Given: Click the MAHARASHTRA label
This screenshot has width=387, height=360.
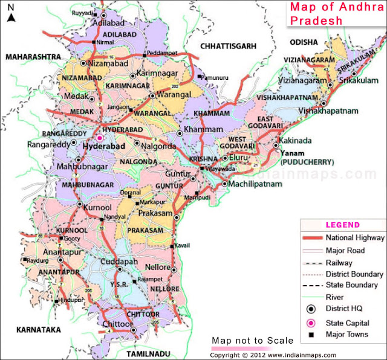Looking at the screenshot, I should coord(33,56).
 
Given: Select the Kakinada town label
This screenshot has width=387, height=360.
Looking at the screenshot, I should coord(296,140).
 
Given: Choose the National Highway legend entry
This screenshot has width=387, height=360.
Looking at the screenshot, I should coord(354,238).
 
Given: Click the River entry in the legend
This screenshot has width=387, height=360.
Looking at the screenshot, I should coord(335,297).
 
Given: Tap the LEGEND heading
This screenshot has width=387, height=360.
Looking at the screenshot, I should coord(343,225).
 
